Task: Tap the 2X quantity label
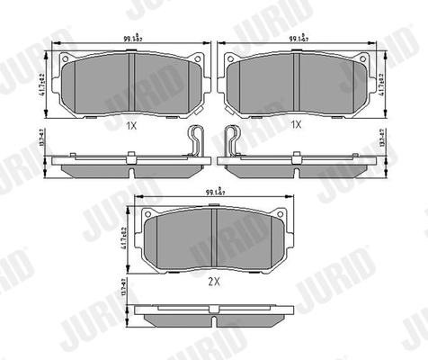coord(215,281)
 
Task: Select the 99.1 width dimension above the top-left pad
coord(133,40)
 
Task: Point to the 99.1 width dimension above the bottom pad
coord(216,192)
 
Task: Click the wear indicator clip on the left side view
coord(197,142)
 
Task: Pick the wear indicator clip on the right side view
coord(232,142)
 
